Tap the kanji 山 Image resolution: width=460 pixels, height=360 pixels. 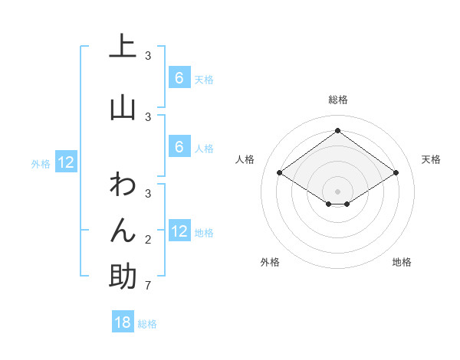(123, 107)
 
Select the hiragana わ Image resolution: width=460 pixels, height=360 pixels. (123, 185)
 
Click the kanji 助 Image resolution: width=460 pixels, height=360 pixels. (123, 276)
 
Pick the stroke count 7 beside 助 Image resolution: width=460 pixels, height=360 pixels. (147, 286)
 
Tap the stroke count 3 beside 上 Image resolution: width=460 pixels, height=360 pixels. (147, 55)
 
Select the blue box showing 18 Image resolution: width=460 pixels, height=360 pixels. (123, 322)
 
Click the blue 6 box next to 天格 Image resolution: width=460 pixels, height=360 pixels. (179, 78)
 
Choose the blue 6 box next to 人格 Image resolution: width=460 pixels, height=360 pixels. (179, 147)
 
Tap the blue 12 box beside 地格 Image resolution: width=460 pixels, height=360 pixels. (179, 231)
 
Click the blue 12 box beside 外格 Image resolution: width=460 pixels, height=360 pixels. (66, 162)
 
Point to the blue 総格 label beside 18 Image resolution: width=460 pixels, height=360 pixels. (147, 324)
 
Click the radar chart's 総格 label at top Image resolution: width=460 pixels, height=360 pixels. (337, 100)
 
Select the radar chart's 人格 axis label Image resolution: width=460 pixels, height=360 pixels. (245, 159)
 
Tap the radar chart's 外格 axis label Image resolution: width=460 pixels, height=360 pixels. (270, 262)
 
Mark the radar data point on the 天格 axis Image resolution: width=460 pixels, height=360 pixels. (396, 173)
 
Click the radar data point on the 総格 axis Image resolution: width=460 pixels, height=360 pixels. (337, 131)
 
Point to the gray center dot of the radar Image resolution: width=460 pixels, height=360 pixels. (337, 191)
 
